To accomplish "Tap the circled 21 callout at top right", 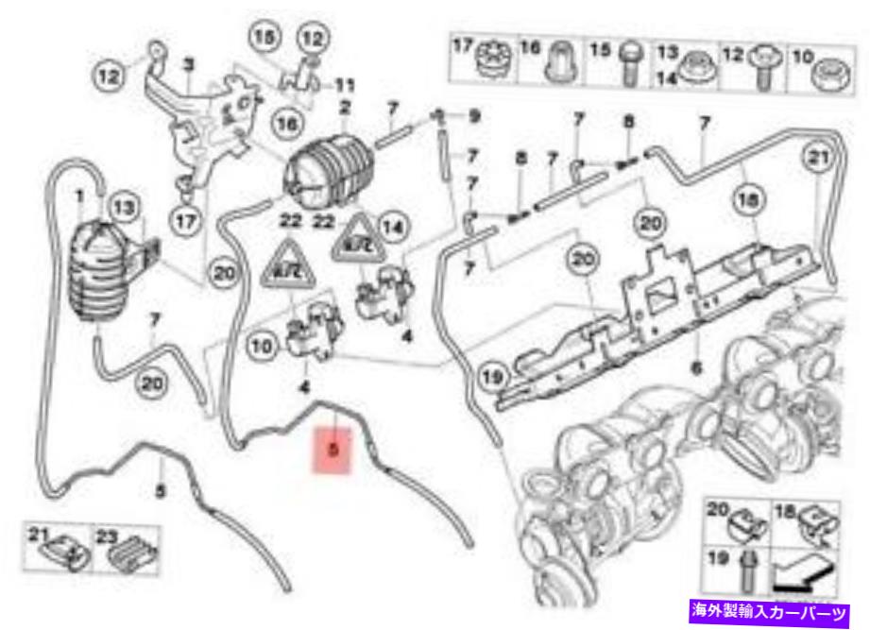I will pos(818,158).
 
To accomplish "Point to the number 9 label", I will pos(474,116).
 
